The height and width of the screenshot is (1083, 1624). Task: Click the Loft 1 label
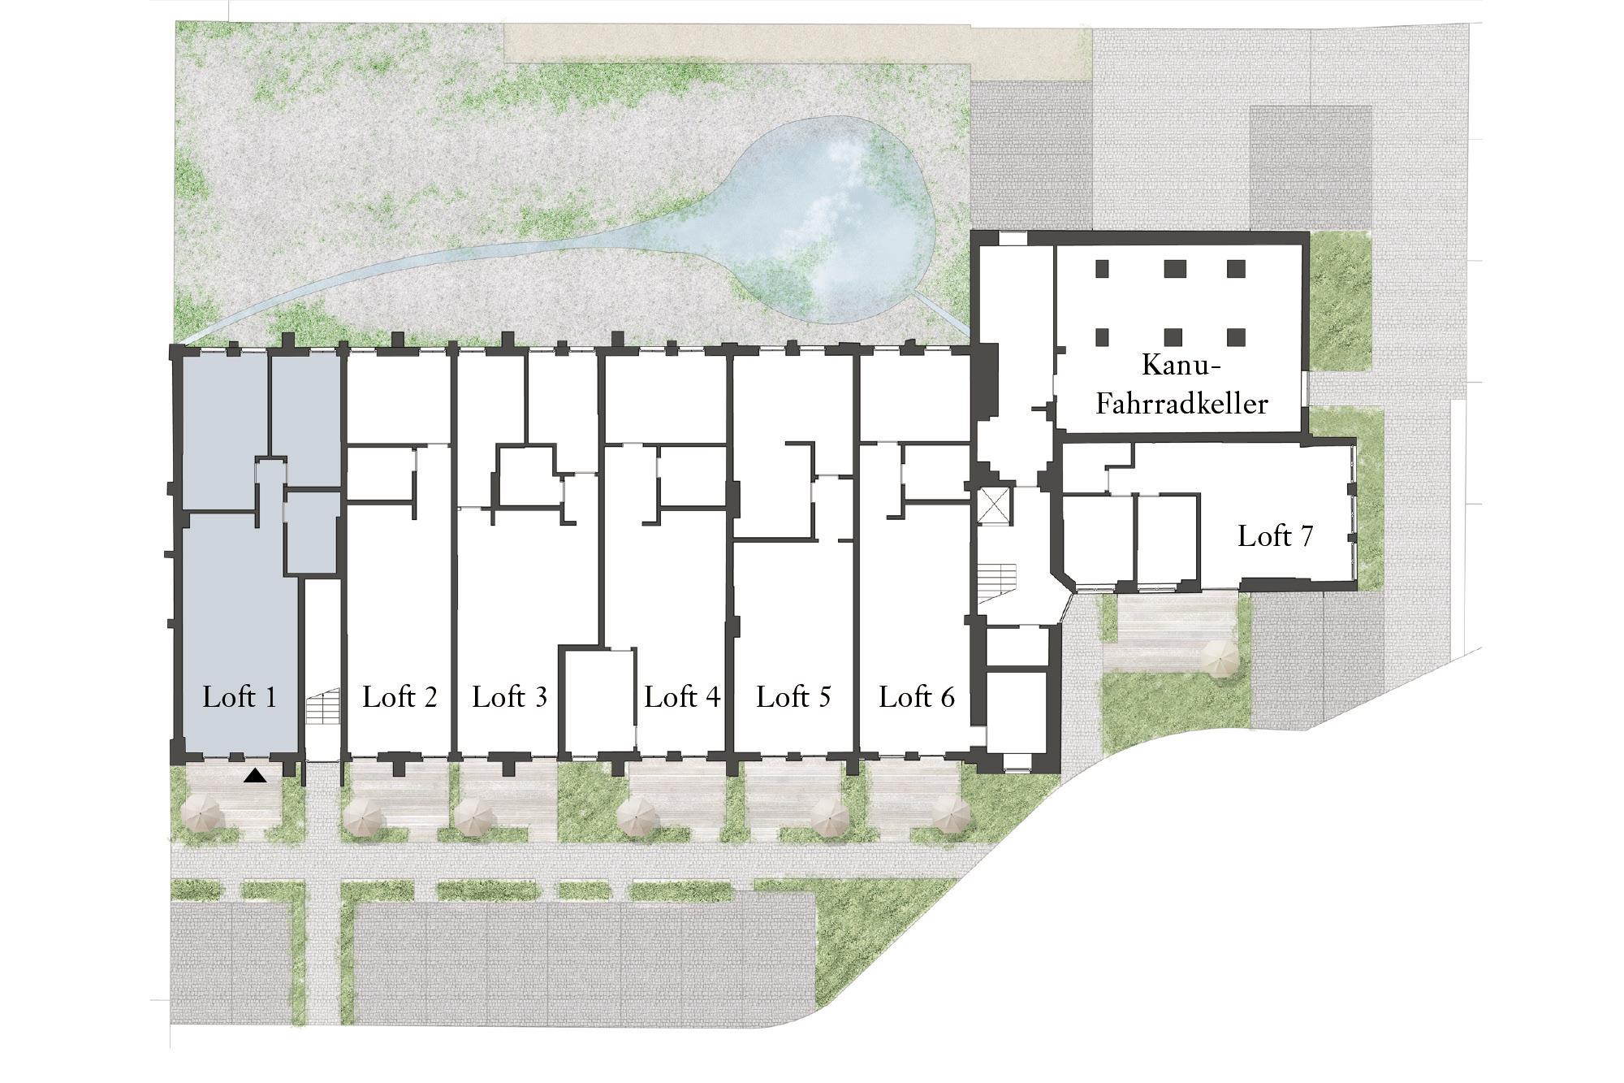click(x=240, y=697)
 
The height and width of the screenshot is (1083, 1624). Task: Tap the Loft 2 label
click(x=400, y=697)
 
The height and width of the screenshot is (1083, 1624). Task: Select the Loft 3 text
click(x=510, y=697)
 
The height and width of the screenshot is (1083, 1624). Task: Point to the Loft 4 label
click(x=682, y=697)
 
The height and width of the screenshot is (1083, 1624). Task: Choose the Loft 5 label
click(x=793, y=697)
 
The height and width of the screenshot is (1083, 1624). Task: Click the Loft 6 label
click(x=917, y=697)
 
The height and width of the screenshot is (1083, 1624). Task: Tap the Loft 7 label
click(x=1276, y=536)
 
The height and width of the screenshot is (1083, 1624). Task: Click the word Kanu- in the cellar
click(x=1181, y=366)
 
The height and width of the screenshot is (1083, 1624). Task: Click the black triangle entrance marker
click(x=256, y=776)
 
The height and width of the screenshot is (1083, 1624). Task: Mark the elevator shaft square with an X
click(x=995, y=506)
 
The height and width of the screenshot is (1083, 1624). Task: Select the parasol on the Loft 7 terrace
click(x=1217, y=656)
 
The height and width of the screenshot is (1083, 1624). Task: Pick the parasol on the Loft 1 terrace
click(x=201, y=813)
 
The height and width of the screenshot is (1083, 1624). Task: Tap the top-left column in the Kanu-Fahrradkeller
click(x=1103, y=268)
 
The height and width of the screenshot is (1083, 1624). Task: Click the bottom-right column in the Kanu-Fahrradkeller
click(x=1236, y=336)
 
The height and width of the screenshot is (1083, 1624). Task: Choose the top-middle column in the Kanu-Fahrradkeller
click(x=1172, y=268)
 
